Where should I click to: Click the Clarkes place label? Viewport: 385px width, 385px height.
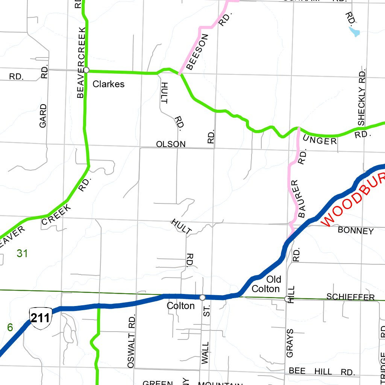coord(108,84)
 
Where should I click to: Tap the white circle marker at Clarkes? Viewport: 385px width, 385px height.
coord(86,70)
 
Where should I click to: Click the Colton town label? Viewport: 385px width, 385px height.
coord(180,306)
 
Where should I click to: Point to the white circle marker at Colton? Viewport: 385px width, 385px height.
coord(202,297)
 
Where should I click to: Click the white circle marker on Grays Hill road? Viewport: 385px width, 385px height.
coord(287,299)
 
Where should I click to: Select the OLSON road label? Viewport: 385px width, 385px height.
coord(171,144)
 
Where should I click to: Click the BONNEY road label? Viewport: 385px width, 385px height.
coord(356,230)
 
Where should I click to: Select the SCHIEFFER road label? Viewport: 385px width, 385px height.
coord(350,297)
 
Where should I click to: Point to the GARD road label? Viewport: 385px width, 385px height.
coord(43,115)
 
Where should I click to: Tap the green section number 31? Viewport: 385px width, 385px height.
coord(22,254)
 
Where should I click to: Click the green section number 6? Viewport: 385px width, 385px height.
coord(10,327)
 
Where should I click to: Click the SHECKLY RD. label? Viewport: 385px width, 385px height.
coord(362,97)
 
